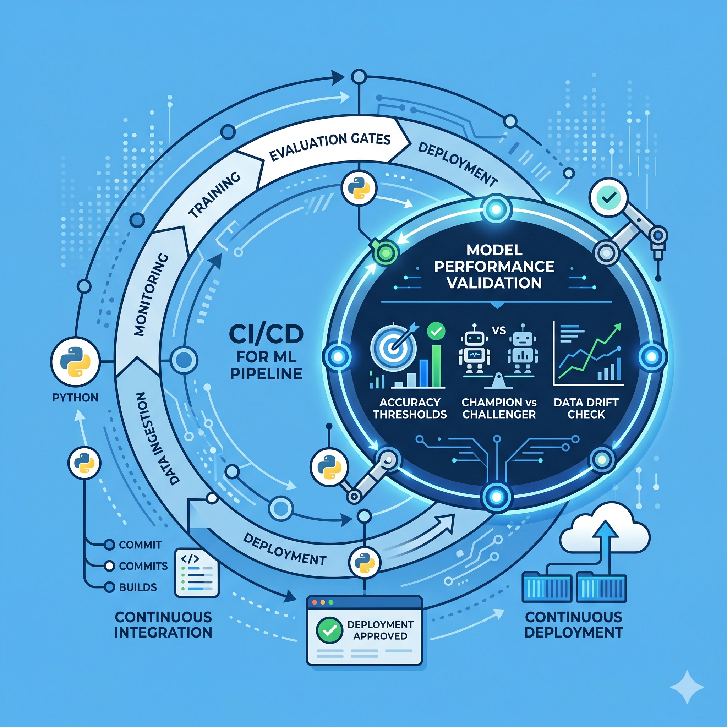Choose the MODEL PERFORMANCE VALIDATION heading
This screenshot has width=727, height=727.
click(x=494, y=267)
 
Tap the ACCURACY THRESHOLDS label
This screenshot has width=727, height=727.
click(x=409, y=408)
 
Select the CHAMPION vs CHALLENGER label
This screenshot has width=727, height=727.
click(x=499, y=408)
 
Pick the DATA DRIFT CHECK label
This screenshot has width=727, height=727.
click(x=586, y=408)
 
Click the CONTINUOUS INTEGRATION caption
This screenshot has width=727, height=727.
click(x=163, y=625)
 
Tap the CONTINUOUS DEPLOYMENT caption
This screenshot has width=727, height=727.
click(x=574, y=625)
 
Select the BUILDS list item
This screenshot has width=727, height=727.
click(x=137, y=587)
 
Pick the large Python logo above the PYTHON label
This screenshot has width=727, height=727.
click(x=75, y=362)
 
